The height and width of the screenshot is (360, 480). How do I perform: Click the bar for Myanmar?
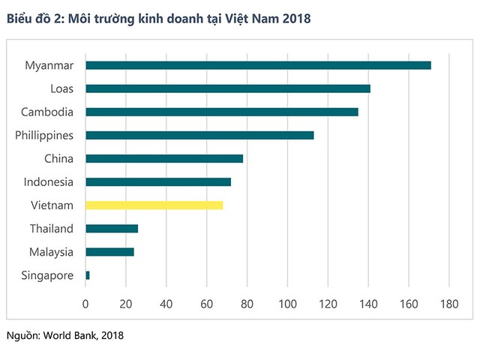click(x=258, y=65)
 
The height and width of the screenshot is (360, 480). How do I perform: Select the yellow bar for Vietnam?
click(x=154, y=205)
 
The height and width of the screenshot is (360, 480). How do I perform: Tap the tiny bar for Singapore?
click(x=88, y=275)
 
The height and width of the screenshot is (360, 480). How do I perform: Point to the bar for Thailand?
click(x=112, y=228)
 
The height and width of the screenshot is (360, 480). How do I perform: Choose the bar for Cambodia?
click(x=222, y=112)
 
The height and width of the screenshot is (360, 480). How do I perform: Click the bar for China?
click(x=164, y=158)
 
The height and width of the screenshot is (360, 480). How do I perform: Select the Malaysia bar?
click(x=109, y=252)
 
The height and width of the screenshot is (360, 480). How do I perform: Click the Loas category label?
click(x=61, y=88)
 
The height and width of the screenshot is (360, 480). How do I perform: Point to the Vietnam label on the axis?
click(x=52, y=205)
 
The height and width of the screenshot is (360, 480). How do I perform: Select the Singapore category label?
click(x=48, y=275)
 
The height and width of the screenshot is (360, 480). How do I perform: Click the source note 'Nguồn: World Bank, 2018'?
click(x=64, y=335)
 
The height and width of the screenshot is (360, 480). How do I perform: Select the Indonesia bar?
click(x=158, y=181)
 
